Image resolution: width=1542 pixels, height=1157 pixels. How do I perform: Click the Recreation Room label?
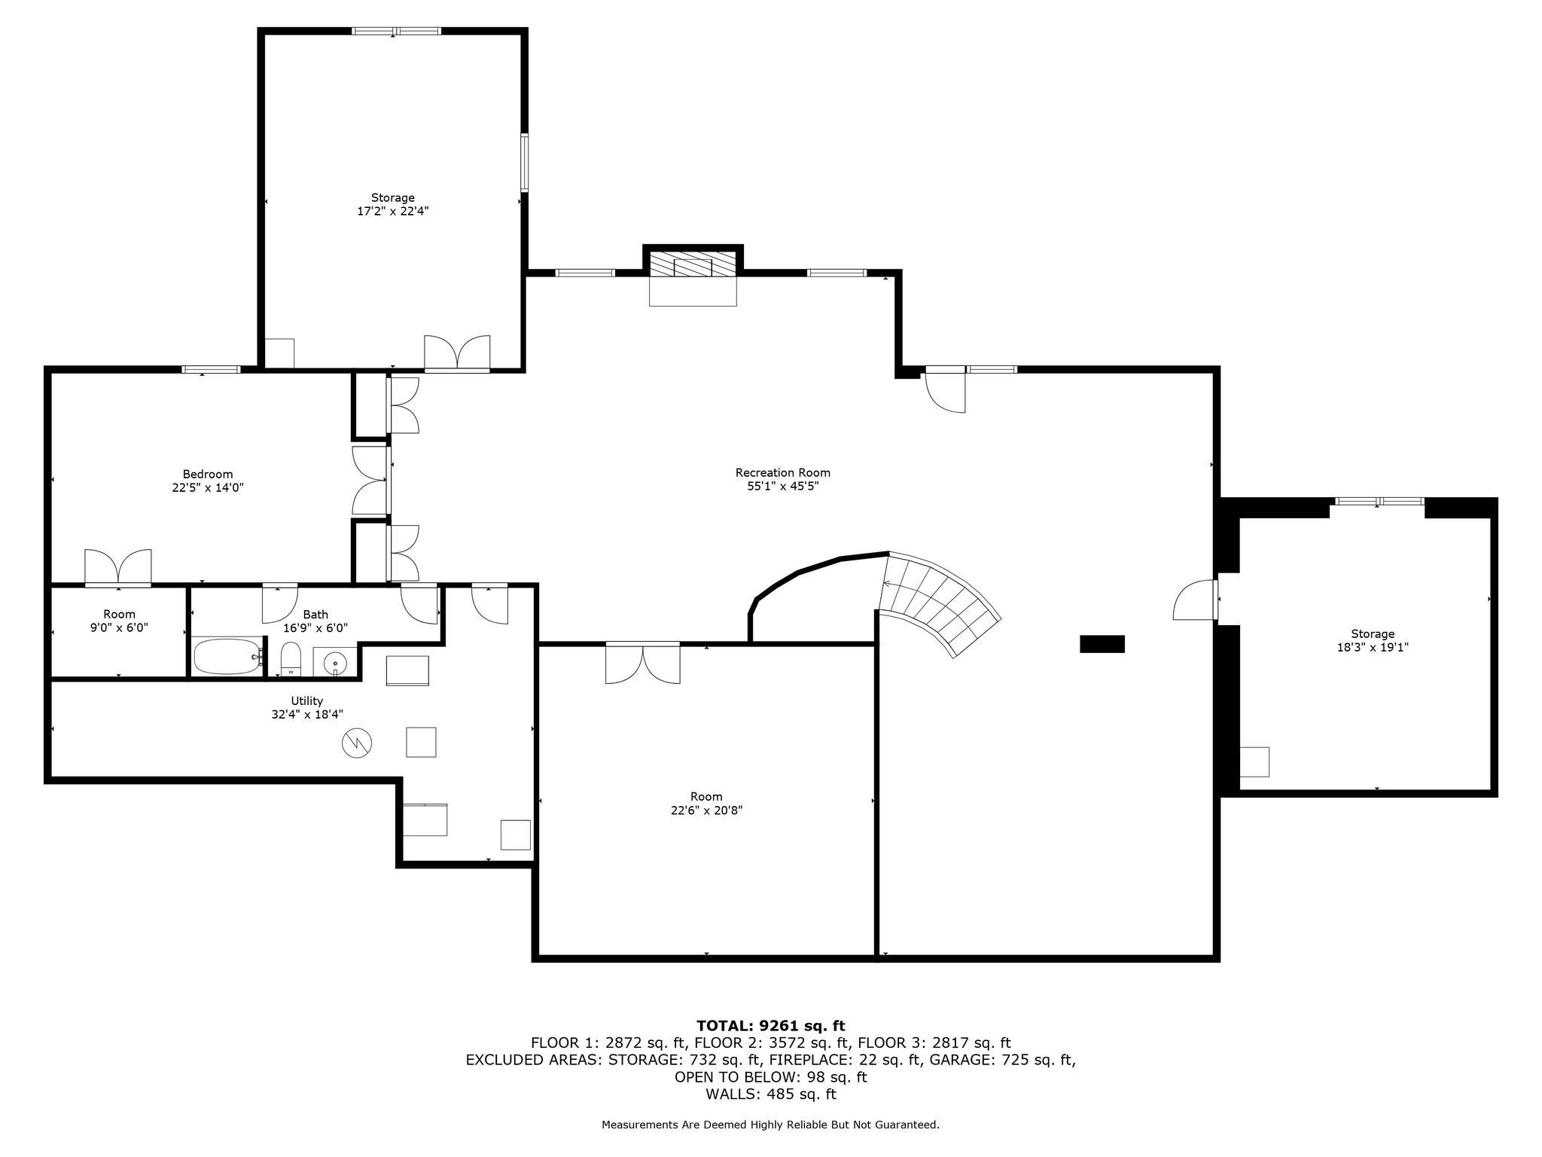[x=782, y=473]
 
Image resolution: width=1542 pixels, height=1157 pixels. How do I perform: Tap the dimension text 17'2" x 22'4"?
[x=392, y=212]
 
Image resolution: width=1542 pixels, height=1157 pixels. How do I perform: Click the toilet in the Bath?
[x=291, y=659]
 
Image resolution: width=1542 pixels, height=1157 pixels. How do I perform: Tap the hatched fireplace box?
[x=693, y=266]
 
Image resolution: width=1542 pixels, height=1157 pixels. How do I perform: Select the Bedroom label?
[x=208, y=474]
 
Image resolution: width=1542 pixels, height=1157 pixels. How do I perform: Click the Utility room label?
[x=307, y=701]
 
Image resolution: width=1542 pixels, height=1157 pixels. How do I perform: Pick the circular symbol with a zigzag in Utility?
[x=357, y=743]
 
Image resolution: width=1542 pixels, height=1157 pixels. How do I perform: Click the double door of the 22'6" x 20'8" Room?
[x=642, y=663]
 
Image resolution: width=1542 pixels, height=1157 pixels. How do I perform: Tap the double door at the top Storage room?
[x=457, y=353]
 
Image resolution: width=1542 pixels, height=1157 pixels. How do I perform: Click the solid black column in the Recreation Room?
[x=1102, y=643]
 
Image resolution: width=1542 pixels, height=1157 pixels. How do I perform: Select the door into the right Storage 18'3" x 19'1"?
[x=1196, y=600]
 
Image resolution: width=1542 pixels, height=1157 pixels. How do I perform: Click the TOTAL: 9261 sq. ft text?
[x=770, y=1025]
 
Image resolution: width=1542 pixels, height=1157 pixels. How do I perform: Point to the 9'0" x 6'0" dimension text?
[x=119, y=627]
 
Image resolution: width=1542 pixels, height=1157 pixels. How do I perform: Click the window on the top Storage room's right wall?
[x=524, y=162]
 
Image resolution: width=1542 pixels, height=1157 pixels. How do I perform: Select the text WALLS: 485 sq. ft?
[x=770, y=1094]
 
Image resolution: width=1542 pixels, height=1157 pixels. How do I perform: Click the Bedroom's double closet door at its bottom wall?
[x=118, y=568]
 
